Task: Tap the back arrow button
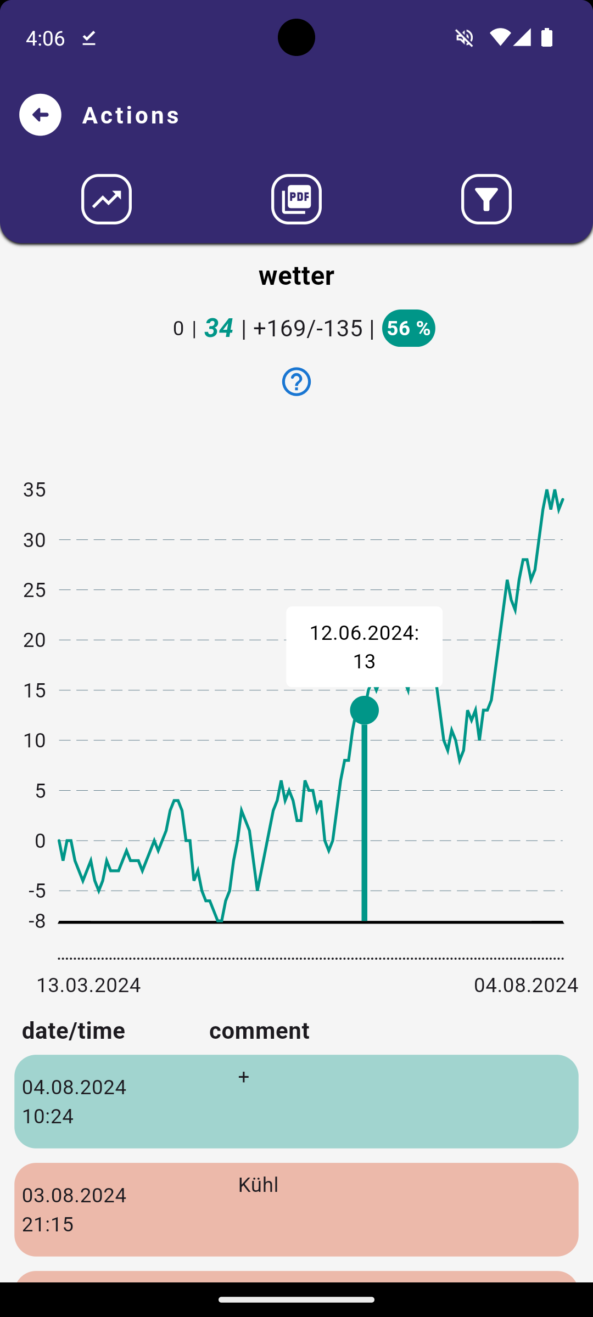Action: tap(40, 115)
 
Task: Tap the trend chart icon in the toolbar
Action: tap(107, 199)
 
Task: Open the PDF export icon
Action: tap(296, 199)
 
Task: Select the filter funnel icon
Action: tap(486, 199)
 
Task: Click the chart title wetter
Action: tap(296, 275)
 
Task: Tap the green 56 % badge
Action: tap(409, 328)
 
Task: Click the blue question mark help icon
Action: tap(296, 381)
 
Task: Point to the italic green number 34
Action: tap(219, 328)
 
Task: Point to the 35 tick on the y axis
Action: tap(34, 489)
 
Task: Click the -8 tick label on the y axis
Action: tap(37, 921)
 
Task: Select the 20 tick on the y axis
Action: tap(34, 640)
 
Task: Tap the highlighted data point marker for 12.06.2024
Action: tap(364, 710)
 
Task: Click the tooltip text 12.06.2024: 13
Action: tap(364, 646)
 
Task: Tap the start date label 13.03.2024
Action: tap(88, 985)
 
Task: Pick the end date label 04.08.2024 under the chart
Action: tap(525, 985)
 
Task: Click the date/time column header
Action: tap(74, 1031)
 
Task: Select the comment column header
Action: tap(259, 1031)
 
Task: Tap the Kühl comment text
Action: tap(258, 1185)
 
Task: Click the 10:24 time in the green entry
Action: tap(48, 1116)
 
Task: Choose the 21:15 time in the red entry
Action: tap(48, 1224)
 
